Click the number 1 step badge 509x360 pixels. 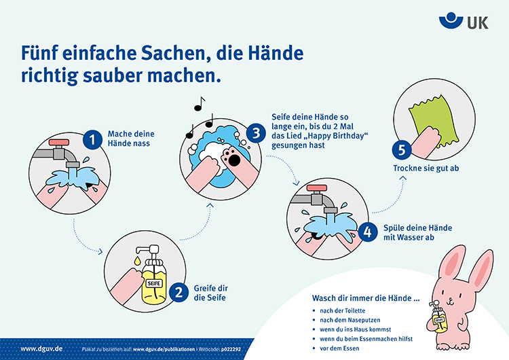click(x=92, y=140)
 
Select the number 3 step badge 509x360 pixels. click(x=256, y=133)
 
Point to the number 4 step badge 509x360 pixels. click(x=368, y=232)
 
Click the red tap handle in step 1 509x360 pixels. click(x=58, y=143)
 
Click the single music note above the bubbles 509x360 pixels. click(x=199, y=103)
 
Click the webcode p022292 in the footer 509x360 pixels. click(x=242, y=349)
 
